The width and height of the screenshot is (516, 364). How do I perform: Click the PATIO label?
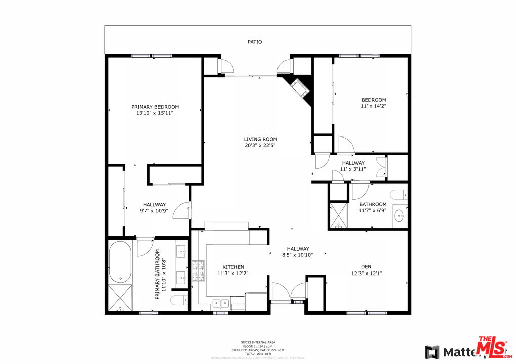255,42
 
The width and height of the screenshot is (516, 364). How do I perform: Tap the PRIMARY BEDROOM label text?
155,107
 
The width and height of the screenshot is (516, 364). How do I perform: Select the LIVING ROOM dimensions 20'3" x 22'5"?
260,146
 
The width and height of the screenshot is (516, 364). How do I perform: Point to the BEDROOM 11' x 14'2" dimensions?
373,106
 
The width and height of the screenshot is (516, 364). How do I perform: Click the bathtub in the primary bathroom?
120,262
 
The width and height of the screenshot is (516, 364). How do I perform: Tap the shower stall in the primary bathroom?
120,297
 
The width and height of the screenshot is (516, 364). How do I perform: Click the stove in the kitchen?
197,271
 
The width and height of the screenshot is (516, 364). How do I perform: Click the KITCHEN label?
233,267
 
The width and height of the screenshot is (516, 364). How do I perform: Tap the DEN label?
366,267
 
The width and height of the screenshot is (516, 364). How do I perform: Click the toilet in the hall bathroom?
399,194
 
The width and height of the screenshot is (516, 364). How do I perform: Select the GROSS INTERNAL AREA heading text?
258,342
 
